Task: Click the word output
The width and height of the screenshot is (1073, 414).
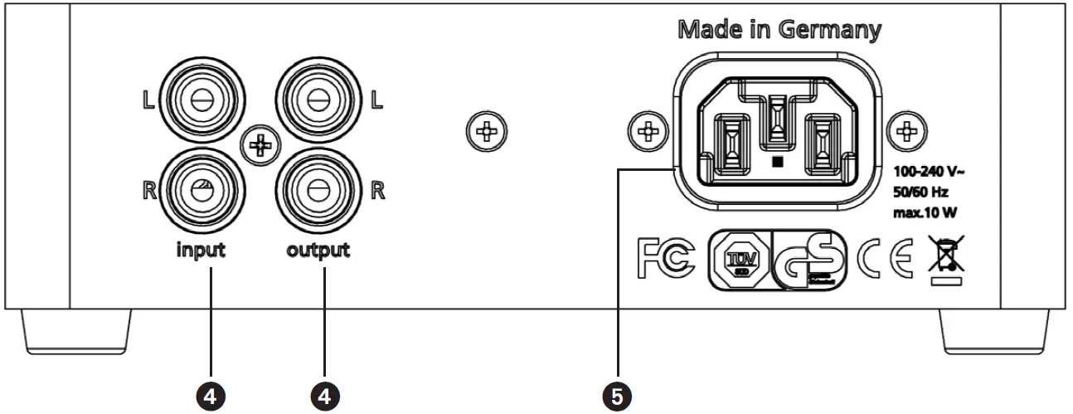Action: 319,249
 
